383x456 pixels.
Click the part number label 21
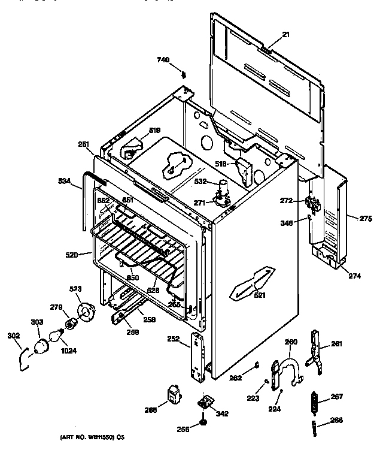point(285,35)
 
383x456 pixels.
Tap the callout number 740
point(163,60)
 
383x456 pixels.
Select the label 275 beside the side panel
point(365,219)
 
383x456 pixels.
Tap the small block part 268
point(174,395)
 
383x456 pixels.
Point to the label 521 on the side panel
point(259,295)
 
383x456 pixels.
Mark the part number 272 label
point(287,200)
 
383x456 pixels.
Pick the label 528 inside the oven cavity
point(154,290)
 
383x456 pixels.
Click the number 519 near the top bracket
point(154,130)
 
